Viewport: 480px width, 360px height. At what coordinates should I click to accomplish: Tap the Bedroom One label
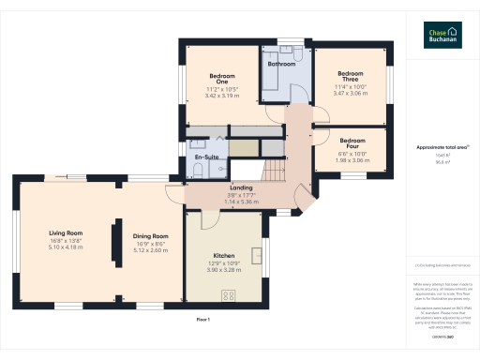point(222,78)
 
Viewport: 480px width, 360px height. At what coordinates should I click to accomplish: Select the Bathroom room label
point(282,65)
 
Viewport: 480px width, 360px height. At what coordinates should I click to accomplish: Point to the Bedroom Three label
point(350,76)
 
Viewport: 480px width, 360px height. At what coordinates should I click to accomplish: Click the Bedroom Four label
point(352,143)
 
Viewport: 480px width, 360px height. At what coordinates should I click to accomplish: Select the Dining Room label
point(150,235)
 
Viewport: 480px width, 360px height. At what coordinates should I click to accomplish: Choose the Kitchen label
point(223,256)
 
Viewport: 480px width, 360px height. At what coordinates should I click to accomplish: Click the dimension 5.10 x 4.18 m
point(67,247)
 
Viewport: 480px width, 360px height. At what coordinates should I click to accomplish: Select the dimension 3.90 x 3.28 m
point(223,270)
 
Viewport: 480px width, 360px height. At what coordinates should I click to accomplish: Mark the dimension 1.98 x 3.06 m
point(352,159)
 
